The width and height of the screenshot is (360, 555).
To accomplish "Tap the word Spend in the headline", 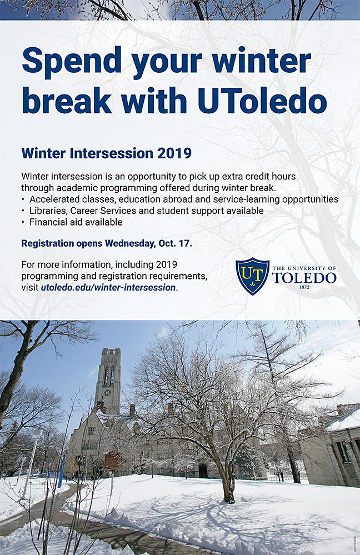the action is [72, 61].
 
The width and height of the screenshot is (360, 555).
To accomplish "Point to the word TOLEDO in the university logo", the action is [304, 278].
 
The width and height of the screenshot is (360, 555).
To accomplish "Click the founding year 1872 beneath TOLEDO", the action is [304, 287].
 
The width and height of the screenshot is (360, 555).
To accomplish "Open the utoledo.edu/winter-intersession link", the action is [108, 287].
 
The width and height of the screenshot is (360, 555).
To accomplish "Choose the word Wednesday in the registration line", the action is [130, 244].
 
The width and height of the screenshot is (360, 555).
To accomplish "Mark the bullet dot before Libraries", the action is [23, 211].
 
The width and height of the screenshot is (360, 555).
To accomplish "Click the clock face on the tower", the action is [108, 392].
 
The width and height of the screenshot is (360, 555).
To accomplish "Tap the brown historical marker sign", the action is [113, 460].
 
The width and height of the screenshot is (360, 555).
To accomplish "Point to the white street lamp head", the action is [37, 433].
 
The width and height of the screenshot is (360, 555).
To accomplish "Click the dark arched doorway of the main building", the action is [203, 471].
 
